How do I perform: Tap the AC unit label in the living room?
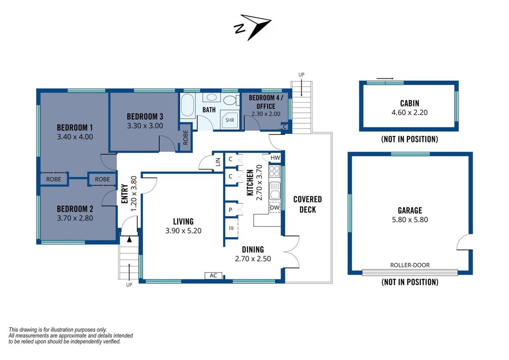(x=213, y=275)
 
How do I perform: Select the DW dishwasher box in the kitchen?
(x=275, y=207)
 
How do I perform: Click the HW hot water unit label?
(x=275, y=158)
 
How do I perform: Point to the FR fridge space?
(x=232, y=229)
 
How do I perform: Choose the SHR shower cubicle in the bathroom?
(x=229, y=120)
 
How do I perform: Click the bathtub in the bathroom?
(x=188, y=105)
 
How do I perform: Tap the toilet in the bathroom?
(x=231, y=100)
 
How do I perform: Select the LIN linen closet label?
(x=218, y=162)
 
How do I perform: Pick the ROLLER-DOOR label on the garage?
(x=410, y=265)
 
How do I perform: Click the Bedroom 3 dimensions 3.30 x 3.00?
(x=145, y=126)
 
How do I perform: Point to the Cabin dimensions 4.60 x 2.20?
(x=410, y=112)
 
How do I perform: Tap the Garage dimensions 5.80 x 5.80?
(x=410, y=220)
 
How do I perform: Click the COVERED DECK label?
(x=308, y=204)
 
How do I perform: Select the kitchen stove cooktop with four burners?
(x=275, y=171)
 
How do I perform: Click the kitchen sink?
(x=275, y=191)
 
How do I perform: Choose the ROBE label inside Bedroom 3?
(x=185, y=137)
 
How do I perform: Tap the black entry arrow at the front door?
(x=129, y=239)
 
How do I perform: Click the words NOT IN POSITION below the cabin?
(x=410, y=139)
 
